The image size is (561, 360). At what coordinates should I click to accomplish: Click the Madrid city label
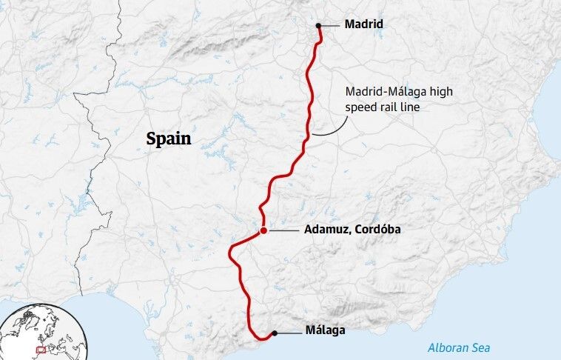point(363,24)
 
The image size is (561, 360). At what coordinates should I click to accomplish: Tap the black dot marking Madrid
point(318,25)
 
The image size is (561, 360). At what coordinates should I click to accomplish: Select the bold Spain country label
point(168,139)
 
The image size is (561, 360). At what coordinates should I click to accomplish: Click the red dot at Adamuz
point(263,231)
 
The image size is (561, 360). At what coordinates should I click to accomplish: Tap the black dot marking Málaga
point(275,333)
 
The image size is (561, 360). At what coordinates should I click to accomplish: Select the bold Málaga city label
point(325,331)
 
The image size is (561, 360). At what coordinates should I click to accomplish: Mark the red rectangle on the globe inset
point(41,349)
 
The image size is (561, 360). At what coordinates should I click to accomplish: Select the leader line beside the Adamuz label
point(283,231)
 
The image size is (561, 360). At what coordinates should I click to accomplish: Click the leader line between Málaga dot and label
point(289,333)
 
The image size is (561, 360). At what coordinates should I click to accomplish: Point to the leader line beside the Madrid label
point(330,25)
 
